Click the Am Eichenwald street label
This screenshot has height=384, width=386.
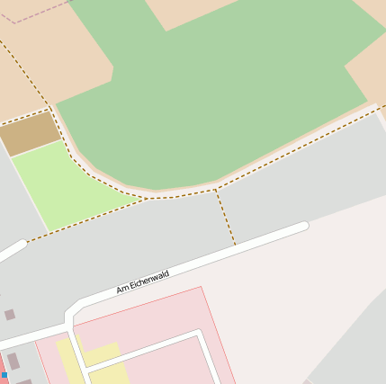(x=142, y=281)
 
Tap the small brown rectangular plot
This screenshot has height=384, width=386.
(x=31, y=134)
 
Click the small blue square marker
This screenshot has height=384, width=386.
(x=4, y=374)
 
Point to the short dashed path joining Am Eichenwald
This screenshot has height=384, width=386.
(x=225, y=217)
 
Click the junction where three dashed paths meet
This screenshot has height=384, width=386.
(x=216, y=191)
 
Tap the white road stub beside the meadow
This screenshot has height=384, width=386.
(x=11, y=250)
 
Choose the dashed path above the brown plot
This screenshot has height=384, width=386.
(x=23, y=115)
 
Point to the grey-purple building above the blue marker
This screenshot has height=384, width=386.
(x=13, y=360)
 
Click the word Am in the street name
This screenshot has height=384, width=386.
(x=122, y=290)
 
